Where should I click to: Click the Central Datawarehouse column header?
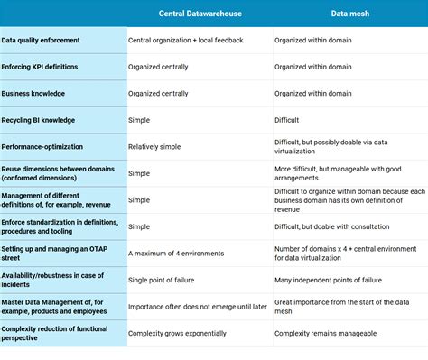pos(199,14)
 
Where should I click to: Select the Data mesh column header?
pos(349,14)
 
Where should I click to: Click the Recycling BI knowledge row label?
pos(38,120)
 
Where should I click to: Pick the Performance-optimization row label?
pos(42,146)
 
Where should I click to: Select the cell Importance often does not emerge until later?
pos(198,307)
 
